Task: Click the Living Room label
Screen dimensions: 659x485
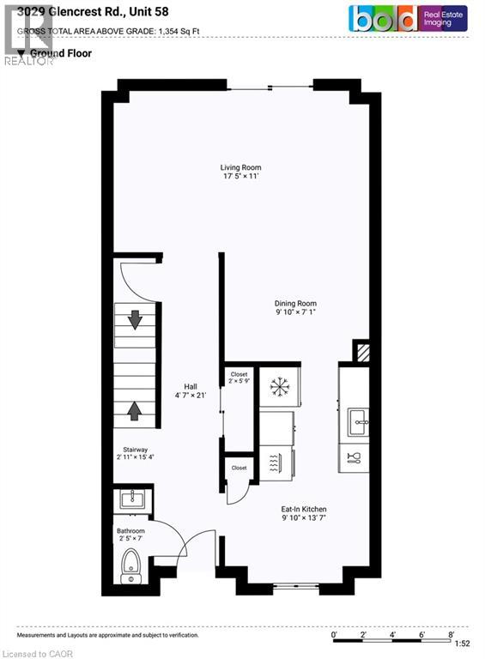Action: [240, 172]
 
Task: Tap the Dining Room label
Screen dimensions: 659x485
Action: [296, 308]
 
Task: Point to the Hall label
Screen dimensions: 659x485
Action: [197, 390]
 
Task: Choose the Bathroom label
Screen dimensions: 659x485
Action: [131, 535]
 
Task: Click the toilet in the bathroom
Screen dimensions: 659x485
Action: [132, 567]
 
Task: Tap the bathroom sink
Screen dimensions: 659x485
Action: [132, 499]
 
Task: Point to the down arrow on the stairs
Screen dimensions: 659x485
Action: [135, 319]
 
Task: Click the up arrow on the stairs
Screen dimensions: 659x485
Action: [135, 411]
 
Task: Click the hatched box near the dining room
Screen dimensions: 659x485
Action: [362, 352]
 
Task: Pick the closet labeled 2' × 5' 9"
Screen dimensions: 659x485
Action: [239, 378]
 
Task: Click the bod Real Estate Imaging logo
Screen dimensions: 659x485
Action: [407, 18]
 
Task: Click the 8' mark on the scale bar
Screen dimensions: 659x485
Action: [451, 634]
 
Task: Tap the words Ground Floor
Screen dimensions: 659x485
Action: [61, 53]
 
